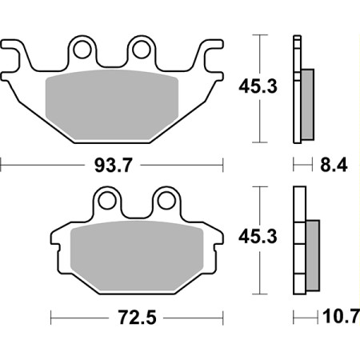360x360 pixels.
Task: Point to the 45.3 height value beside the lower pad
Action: [258, 238]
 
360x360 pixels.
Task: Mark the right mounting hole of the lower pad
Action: [166, 199]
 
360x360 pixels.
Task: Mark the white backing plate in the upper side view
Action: [298, 88]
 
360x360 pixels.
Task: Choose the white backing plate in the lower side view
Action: [299, 240]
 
